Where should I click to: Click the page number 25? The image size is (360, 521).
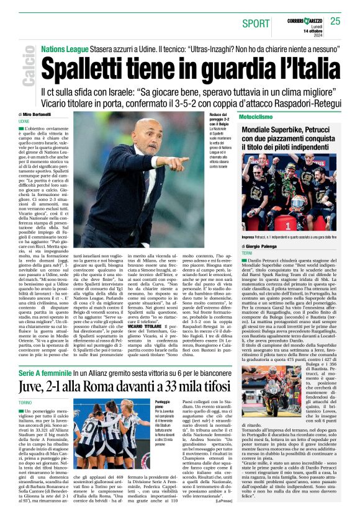(335, 21)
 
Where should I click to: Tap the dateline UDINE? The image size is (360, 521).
(24, 122)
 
